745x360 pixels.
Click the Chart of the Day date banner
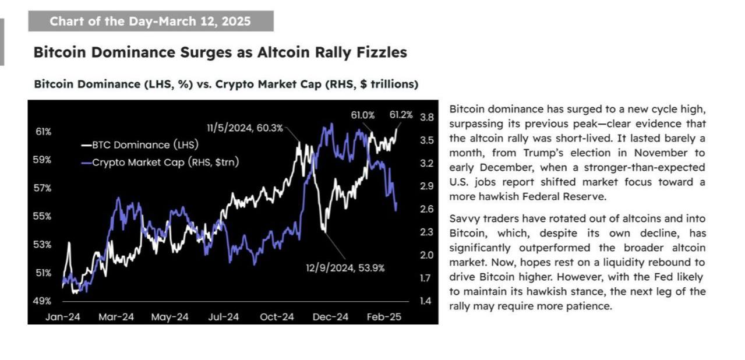click(x=150, y=22)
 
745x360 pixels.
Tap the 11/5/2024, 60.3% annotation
click(x=245, y=128)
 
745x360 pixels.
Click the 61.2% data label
click(x=401, y=115)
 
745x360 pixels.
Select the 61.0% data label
click(x=362, y=115)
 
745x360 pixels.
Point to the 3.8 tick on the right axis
click(x=426, y=117)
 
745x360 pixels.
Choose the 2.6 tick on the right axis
click(x=426, y=209)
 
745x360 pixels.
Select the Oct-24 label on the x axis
click(x=276, y=317)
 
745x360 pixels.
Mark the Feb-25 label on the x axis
click(x=383, y=317)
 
